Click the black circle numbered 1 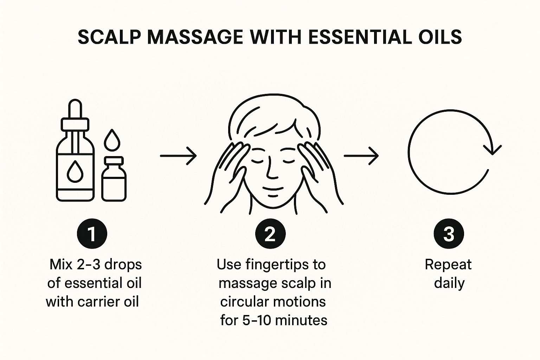coord(92,234)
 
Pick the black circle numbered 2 coord(270,234)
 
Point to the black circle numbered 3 coord(449,234)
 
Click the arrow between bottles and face coord(178,155)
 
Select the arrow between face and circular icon coord(361,155)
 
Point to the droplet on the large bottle coord(75,171)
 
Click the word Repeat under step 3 coord(448,264)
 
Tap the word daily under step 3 coord(449,283)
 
